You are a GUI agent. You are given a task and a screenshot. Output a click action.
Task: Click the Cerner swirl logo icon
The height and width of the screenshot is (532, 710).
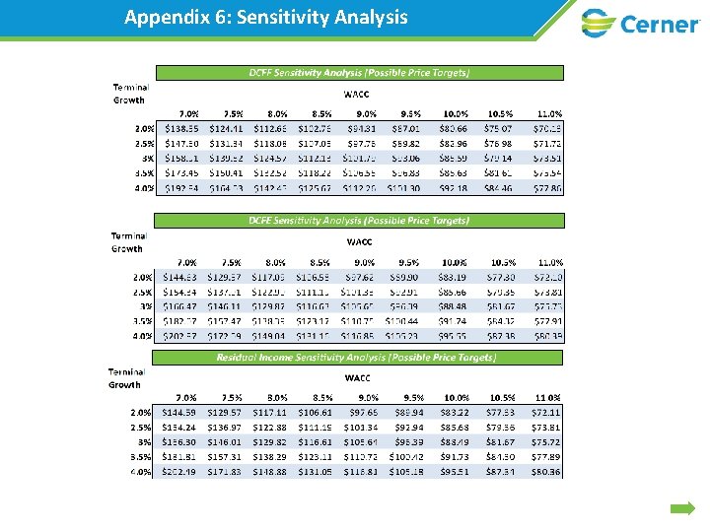599,22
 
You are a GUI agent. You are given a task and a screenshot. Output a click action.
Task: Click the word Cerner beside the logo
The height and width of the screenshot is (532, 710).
658,23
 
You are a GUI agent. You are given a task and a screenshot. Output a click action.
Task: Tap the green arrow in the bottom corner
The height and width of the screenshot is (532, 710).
683,508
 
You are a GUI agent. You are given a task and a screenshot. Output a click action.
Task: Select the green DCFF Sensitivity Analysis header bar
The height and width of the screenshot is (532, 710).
359,72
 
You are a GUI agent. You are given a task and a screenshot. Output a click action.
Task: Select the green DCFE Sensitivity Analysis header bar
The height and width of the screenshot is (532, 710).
359,221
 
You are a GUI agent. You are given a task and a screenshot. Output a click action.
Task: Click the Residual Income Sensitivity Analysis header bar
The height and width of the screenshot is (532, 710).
359,357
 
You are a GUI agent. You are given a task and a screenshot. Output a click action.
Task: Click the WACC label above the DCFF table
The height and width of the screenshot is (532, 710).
357,95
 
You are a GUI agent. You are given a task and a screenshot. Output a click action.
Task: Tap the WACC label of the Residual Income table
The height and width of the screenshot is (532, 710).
357,377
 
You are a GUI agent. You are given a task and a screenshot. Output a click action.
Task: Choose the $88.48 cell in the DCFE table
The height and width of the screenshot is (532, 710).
455,306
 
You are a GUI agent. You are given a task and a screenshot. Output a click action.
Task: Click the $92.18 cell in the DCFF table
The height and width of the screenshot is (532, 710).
455,188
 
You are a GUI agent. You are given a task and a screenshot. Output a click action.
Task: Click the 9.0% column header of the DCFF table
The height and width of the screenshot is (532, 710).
364,113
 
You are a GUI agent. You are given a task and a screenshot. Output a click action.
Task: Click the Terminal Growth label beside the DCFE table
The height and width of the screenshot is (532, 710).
128,241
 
